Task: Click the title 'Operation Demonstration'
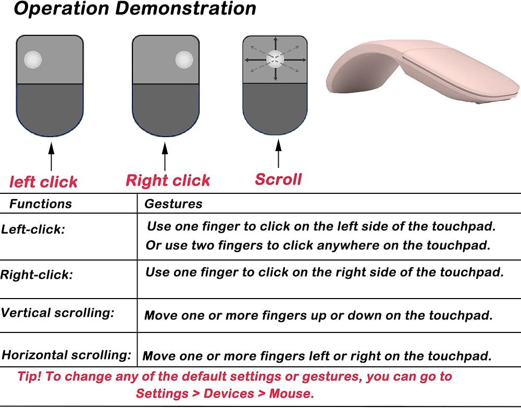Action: point(135,9)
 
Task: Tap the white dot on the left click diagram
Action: point(33,60)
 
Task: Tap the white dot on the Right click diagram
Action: point(184,60)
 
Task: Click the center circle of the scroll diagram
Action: point(275,59)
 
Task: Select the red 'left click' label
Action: point(43,182)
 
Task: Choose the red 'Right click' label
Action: point(168,180)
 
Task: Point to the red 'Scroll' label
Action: point(278,179)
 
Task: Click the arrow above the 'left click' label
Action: point(51,156)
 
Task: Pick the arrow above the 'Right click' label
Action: point(165,156)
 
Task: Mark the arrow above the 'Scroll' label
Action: point(278,154)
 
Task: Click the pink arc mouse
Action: point(422,71)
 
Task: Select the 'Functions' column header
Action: point(41,204)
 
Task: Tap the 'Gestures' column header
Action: point(173,204)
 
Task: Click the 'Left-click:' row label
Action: point(33,229)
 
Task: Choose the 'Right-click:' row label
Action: point(36,275)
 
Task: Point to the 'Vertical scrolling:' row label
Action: point(57,313)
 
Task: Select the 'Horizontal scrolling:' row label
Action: point(67,355)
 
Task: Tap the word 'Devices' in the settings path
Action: point(229,393)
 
